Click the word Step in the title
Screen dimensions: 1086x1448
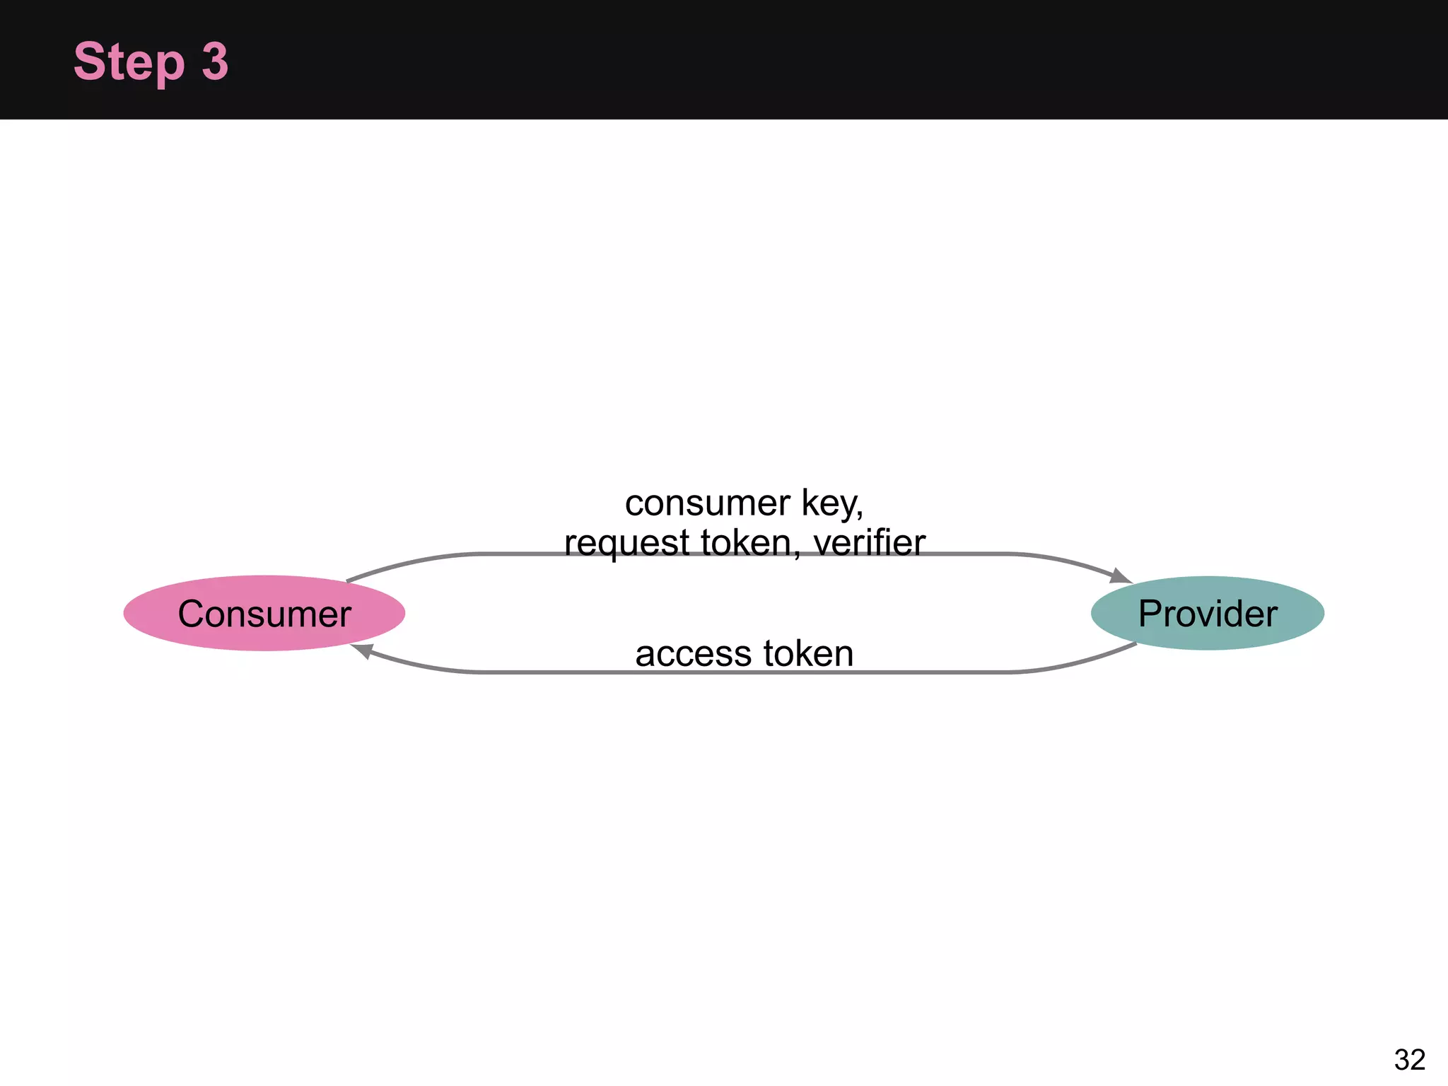129,62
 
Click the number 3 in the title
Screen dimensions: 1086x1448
215,62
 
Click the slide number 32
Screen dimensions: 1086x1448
1409,1060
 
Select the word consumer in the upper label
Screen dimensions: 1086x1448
707,503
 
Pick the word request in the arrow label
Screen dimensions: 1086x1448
626,543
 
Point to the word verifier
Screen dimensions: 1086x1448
869,543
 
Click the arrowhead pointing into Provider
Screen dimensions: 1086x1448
1120,576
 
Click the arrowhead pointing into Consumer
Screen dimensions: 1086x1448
363,650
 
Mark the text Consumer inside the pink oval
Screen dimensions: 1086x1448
264,614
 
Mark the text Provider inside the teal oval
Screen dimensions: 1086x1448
1208,614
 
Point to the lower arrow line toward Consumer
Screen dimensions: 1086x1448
990,672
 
